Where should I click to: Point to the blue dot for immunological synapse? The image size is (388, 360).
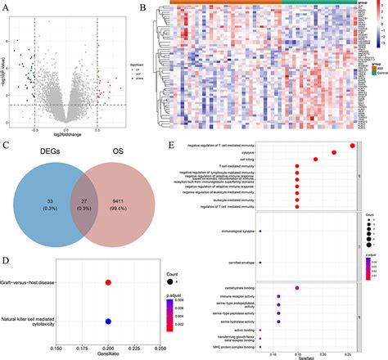(x=260, y=209)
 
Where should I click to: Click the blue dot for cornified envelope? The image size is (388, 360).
(x=260, y=240)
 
